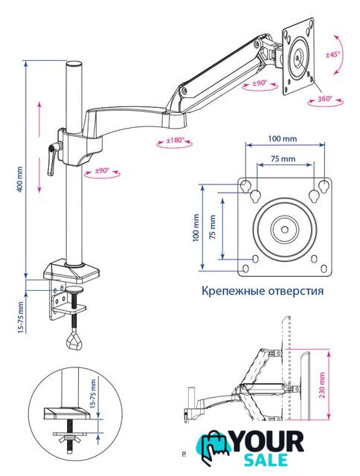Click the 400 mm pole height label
click(x=19, y=179)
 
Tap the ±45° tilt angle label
click(x=333, y=54)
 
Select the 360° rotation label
click(x=325, y=99)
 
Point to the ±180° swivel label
click(x=175, y=141)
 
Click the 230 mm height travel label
click(x=322, y=385)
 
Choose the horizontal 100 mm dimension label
click(x=283, y=139)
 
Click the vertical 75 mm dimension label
click(x=213, y=227)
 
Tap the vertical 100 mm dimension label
click(x=196, y=228)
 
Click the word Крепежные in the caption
click(x=234, y=291)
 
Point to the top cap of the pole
click(x=74, y=65)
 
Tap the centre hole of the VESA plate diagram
click(x=285, y=230)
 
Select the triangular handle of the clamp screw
click(x=74, y=341)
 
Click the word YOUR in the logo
click(x=269, y=443)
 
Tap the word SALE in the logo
click(x=266, y=460)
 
